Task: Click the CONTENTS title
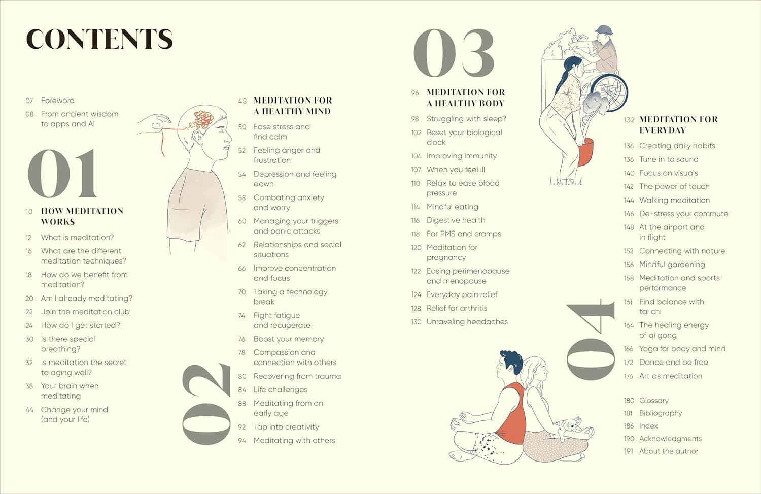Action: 99,39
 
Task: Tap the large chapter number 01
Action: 62,174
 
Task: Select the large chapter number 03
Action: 454,53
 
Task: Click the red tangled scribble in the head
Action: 203,120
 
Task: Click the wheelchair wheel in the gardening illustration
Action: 608,93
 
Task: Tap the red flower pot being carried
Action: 585,152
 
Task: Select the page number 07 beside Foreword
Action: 29,101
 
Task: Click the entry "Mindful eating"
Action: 453,207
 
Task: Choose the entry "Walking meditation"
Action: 675,200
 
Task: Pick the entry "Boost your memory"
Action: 289,339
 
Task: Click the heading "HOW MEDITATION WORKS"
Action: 82,216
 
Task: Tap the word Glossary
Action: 654,401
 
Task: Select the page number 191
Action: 628,451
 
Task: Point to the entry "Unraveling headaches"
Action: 467,322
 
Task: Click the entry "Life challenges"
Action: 281,389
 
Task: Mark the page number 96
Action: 415,93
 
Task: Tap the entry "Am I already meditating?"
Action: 87,299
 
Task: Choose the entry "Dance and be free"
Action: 674,363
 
